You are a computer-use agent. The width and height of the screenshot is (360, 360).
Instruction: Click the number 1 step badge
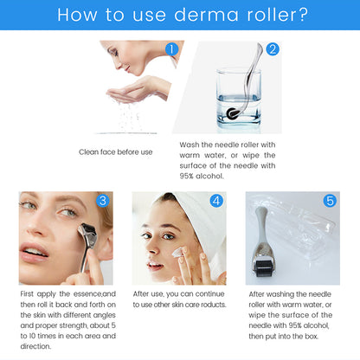click(x=171, y=49)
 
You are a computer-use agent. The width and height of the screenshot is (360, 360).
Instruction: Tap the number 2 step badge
click(x=273, y=49)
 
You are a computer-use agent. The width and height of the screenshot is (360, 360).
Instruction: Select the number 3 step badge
click(x=103, y=202)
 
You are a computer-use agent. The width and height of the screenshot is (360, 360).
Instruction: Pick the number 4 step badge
click(x=216, y=201)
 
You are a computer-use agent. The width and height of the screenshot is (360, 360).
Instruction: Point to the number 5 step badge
click(x=329, y=201)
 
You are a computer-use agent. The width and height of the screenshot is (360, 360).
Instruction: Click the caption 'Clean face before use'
click(x=115, y=151)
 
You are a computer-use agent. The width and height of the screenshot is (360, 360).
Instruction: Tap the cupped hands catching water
click(x=130, y=91)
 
